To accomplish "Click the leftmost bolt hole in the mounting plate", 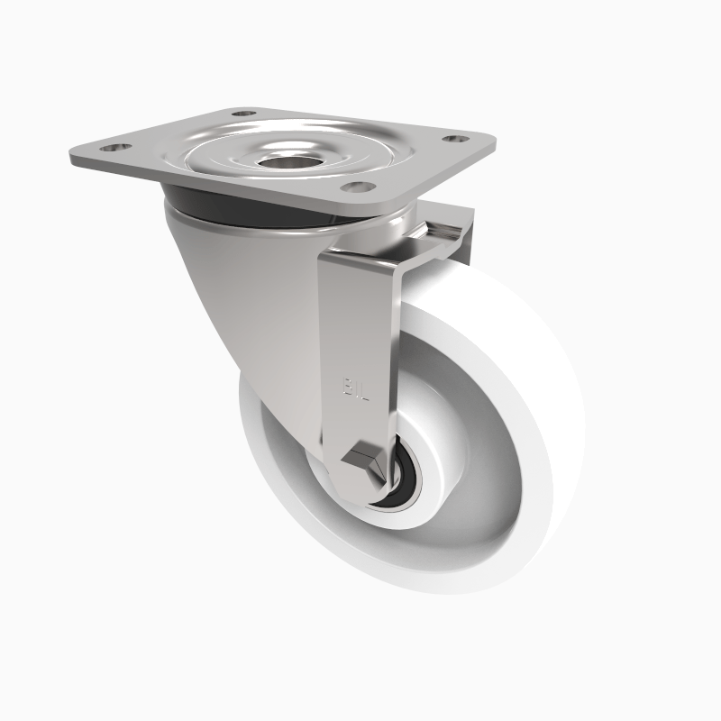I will click(x=111, y=146).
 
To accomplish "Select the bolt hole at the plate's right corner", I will click(x=456, y=139).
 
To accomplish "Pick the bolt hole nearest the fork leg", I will click(x=358, y=187).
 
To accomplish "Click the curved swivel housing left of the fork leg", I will click(x=252, y=297).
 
